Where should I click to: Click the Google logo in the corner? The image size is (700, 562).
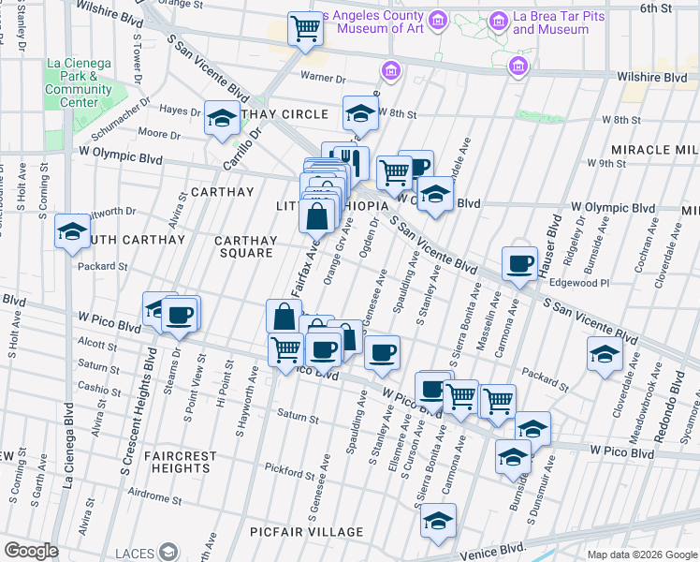[31, 551]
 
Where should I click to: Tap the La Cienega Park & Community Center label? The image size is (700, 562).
[78, 82]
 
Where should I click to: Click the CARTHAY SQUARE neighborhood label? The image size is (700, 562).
[247, 245]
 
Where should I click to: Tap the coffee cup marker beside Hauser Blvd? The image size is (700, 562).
[519, 263]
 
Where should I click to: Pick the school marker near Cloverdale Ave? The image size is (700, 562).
[605, 353]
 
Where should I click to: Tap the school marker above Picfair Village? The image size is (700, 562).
[437, 520]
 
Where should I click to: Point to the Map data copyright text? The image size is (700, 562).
[641, 555]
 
